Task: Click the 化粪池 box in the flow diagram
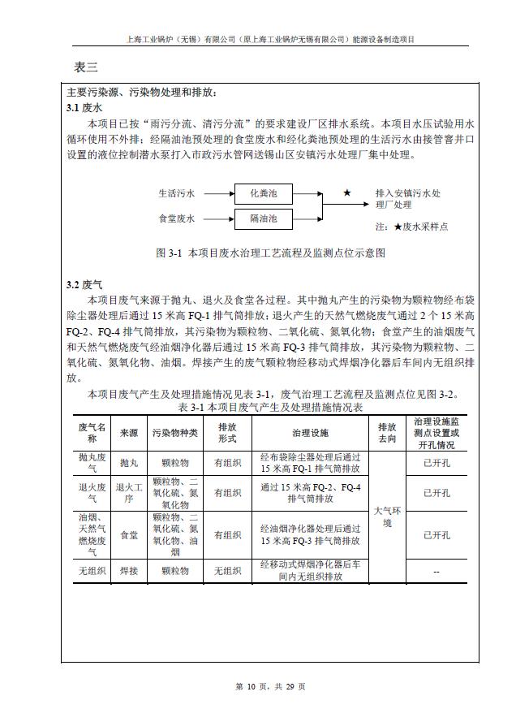[263, 194]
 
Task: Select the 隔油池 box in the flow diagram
[263, 218]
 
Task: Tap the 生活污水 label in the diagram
[176, 194]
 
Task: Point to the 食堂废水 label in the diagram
[176, 218]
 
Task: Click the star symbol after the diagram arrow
[347, 193]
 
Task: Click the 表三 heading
[86, 67]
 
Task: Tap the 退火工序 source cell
[129, 492]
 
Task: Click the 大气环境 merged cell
[387, 517]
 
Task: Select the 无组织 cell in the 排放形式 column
[227, 571]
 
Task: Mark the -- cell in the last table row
[436, 571]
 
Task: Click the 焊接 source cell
[129, 571]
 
